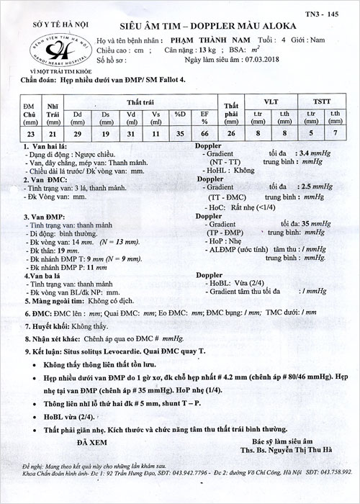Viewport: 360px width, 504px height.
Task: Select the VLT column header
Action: click(272, 104)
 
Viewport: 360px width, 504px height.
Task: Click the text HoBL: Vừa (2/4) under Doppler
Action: click(235, 283)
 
